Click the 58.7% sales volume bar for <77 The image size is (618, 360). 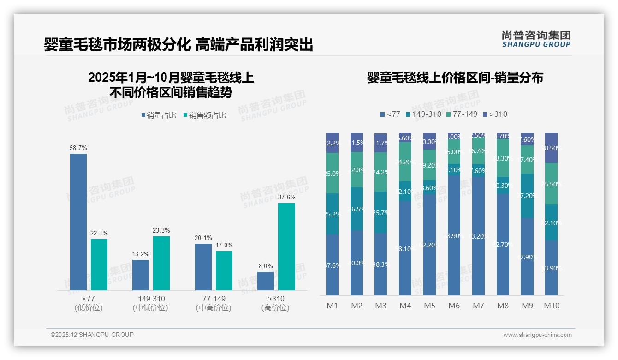point(78,222)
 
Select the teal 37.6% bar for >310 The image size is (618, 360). point(286,246)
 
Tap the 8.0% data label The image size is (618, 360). point(266,266)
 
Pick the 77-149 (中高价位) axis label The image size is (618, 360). point(214,303)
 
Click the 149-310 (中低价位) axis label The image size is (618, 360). point(151,303)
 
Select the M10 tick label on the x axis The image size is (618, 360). point(551,306)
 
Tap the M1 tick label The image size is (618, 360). point(332,306)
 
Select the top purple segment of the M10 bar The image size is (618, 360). point(551,148)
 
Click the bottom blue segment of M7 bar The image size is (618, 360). point(478,235)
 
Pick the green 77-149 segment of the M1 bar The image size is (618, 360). point(332,173)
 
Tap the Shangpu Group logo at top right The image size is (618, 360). point(536,39)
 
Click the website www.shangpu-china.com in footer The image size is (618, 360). point(537,335)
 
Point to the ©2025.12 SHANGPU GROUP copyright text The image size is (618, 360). point(92,335)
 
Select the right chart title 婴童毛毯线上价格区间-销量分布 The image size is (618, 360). point(455,78)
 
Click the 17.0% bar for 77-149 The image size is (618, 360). point(224,270)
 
